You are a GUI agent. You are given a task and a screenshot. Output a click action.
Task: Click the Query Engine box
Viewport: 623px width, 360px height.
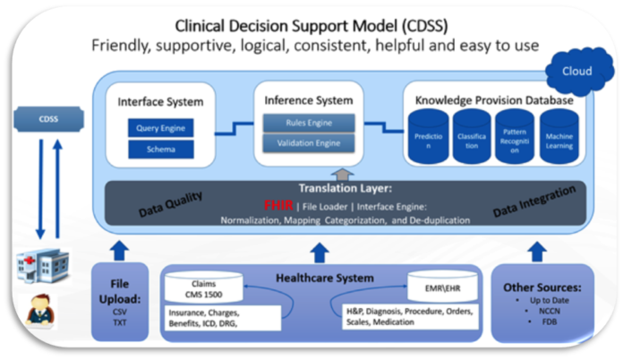pyautogui.click(x=160, y=128)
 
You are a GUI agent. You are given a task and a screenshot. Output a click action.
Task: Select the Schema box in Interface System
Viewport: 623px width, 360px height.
pyautogui.click(x=160, y=150)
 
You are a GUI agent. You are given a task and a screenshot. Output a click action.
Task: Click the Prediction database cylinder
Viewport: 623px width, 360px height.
pyautogui.click(x=427, y=137)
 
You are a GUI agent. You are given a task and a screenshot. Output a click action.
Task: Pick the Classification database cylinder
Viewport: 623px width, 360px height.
pyautogui.click(x=471, y=137)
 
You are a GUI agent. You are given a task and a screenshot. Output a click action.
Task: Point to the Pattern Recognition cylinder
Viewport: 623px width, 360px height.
pyautogui.click(x=515, y=137)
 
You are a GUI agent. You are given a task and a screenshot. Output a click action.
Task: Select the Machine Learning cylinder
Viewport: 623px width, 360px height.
pyautogui.click(x=559, y=137)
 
